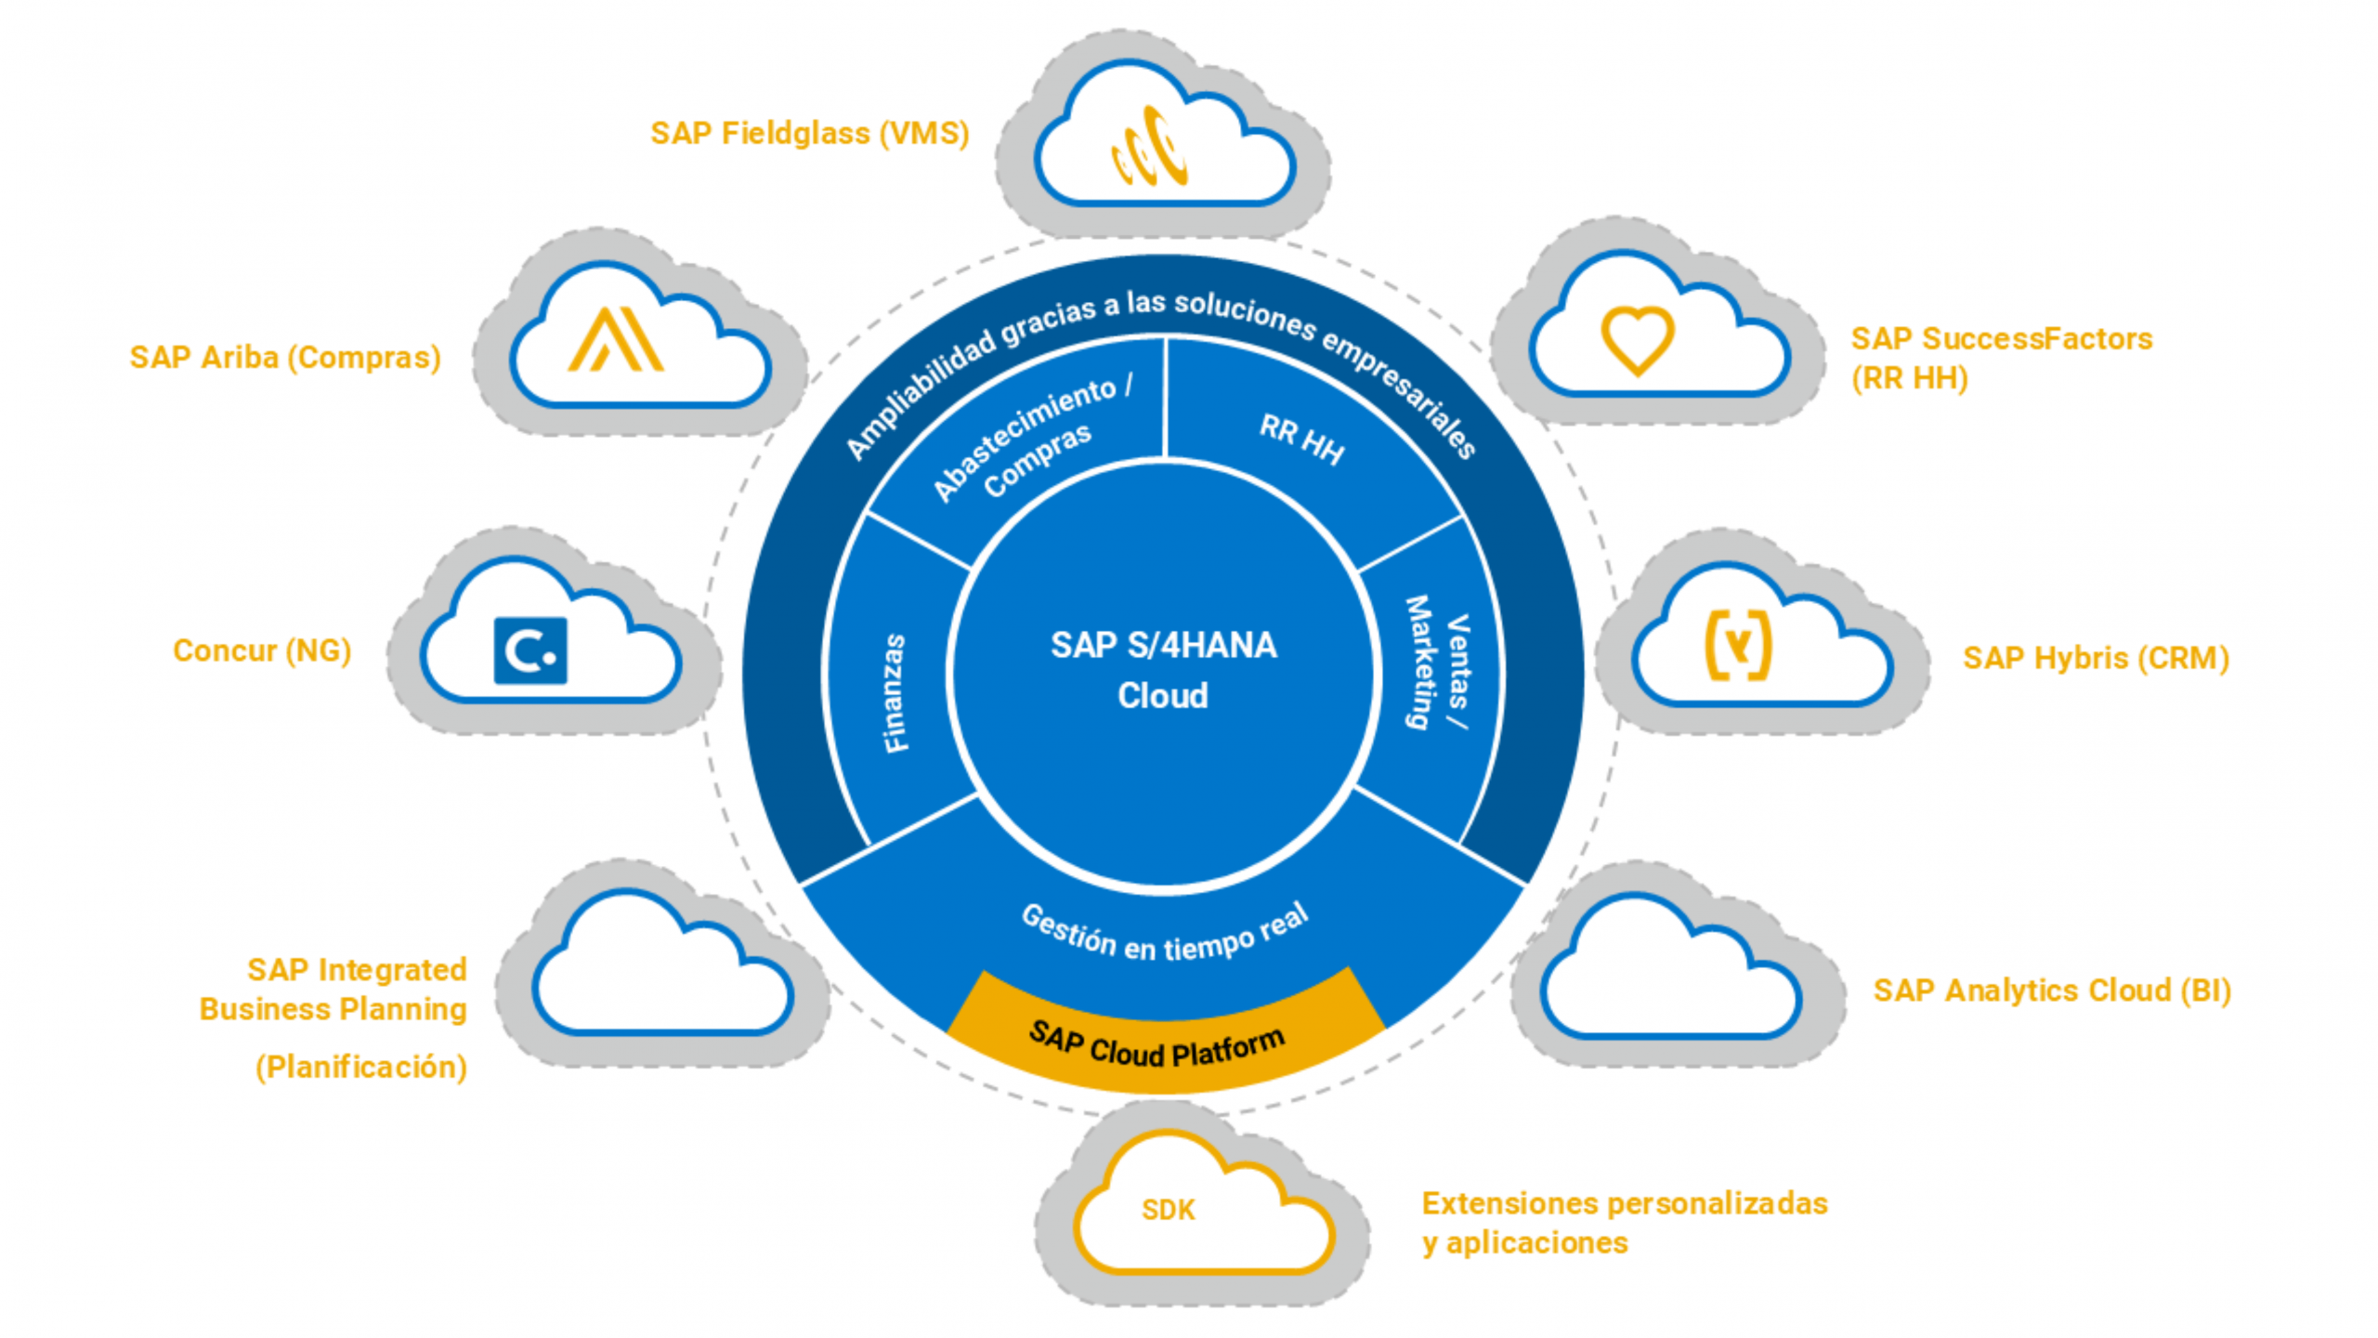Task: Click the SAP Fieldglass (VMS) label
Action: point(809,133)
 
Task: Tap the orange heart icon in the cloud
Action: point(1637,340)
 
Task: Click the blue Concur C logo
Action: point(529,650)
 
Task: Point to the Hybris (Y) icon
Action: point(1737,645)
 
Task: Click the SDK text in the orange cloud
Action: point(1168,1210)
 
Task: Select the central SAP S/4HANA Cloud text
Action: point(1163,670)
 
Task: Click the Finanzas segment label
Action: point(894,692)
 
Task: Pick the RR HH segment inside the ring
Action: point(1301,439)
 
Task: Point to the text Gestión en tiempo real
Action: point(1165,935)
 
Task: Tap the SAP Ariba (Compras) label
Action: point(285,358)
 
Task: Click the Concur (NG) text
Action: point(262,650)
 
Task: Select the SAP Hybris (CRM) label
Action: point(2096,658)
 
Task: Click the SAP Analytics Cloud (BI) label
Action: point(2051,990)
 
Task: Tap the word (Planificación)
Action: point(360,1067)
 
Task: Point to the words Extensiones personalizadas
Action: point(1624,1203)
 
